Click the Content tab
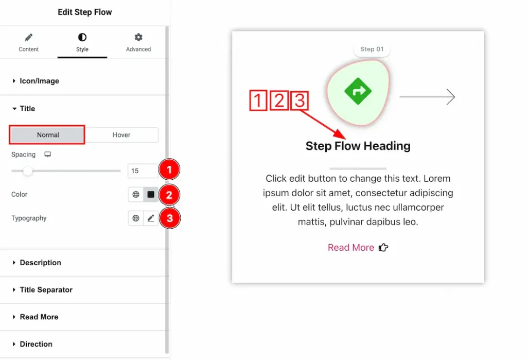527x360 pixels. [29, 43]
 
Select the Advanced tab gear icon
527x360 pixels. [138, 37]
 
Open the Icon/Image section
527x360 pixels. [39, 81]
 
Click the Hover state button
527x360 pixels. [121, 135]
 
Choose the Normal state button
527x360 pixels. [47, 135]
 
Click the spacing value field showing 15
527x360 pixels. [143, 170]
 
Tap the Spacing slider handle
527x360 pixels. [28, 171]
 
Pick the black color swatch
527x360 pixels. [151, 195]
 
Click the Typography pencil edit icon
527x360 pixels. [151, 218]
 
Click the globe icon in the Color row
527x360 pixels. [136, 195]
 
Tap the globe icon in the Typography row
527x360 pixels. [136, 218]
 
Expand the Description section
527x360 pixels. [40, 263]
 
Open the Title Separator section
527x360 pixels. [46, 289]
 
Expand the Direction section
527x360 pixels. [36, 344]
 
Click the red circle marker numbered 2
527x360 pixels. [169, 195]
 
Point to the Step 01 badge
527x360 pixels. [372, 49]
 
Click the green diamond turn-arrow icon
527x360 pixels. [358, 91]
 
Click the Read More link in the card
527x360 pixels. [351, 248]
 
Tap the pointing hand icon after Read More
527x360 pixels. [383, 248]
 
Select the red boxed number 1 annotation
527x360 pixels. [258, 100]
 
